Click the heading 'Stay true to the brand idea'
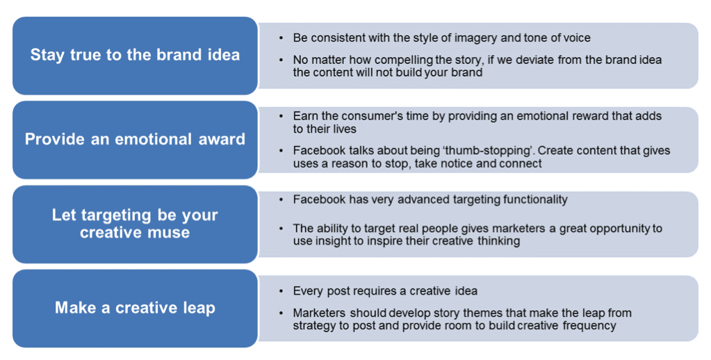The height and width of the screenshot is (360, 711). coord(135,55)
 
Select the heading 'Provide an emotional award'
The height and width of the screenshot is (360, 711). coord(135,139)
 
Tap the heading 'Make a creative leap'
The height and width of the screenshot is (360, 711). coord(135,308)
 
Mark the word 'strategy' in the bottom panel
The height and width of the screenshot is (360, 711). coord(313,325)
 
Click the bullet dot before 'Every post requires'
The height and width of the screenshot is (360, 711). coord(281,291)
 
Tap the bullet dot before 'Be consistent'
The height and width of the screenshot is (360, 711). coord(281,38)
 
